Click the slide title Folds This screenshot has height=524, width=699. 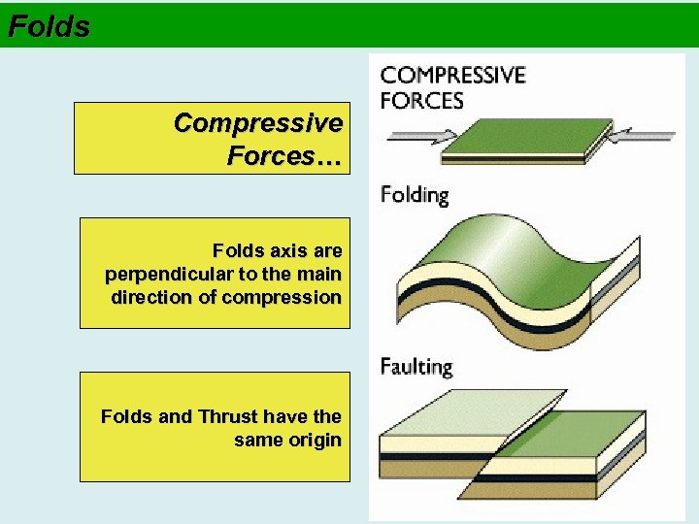[x=49, y=26]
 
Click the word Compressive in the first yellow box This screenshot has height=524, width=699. [x=257, y=124]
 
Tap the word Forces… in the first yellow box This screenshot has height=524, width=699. [x=283, y=155]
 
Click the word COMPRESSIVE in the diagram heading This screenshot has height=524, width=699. [x=452, y=76]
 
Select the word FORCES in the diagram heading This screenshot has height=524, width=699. [x=422, y=100]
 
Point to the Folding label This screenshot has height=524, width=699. [x=415, y=195]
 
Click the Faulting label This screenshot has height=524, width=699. [x=416, y=367]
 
